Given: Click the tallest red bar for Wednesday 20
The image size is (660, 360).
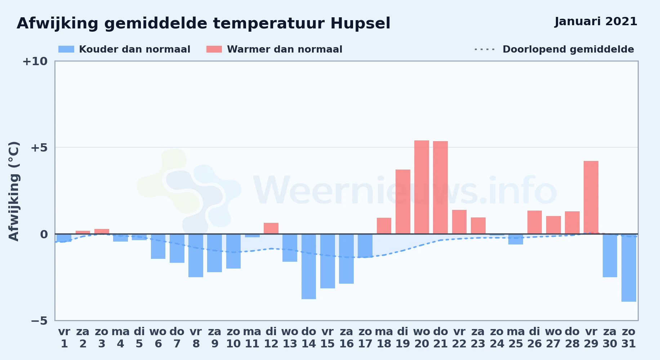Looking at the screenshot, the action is [x=422, y=187].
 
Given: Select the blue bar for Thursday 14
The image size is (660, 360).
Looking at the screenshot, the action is [x=309, y=266].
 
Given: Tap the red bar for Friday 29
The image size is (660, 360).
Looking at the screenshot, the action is [x=591, y=197].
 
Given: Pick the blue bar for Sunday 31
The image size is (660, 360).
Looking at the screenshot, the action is [x=629, y=268].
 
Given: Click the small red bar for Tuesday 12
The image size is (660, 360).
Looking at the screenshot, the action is [x=271, y=228].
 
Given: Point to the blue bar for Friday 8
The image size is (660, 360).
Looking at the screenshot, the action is [x=196, y=256].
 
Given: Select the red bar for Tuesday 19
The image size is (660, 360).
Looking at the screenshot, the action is [x=403, y=202].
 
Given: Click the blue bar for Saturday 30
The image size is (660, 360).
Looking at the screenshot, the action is [x=610, y=256].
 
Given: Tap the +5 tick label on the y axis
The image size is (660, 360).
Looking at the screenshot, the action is [x=39, y=148].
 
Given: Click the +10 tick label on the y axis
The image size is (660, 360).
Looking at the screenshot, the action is [x=35, y=61].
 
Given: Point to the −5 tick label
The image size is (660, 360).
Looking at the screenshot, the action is [x=39, y=321].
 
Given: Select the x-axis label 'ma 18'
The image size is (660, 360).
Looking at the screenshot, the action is [x=384, y=338].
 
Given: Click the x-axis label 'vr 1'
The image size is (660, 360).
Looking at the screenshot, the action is [x=64, y=338].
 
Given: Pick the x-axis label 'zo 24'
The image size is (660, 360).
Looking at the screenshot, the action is [x=497, y=338].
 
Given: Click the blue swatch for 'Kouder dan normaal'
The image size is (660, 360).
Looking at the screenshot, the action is [x=66, y=49].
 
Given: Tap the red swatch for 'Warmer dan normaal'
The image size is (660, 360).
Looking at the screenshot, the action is [x=214, y=49].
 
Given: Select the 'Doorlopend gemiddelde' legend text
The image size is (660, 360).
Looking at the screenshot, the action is [x=568, y=49].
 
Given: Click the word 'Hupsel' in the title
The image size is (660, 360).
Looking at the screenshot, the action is [x=360, y=24].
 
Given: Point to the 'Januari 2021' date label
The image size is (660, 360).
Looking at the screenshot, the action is [x=596, y=22].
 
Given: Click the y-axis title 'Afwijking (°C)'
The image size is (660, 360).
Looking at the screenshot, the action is [x=14, y=191].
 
